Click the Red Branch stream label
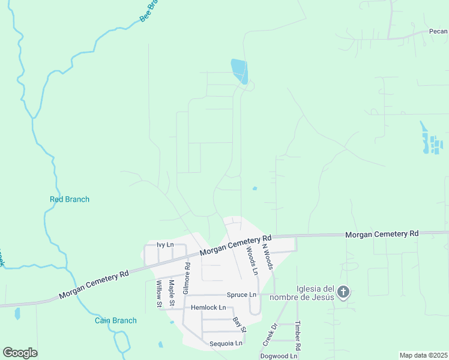coord(69,199)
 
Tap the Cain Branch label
coord(116,320)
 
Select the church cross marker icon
coord(343,292)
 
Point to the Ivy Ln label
coord(165,245)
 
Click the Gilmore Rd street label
coord(187,274)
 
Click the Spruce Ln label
coord(241,295)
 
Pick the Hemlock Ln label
coord(208,307)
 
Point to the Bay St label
coord(240,325)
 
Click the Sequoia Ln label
coord(225,343)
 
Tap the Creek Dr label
coord(270,334)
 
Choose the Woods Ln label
coord(250,262)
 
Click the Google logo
coord(20,353)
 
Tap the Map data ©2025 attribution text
coord(423,355)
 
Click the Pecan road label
coord(438,31)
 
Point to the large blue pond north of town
coord(240,71)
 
